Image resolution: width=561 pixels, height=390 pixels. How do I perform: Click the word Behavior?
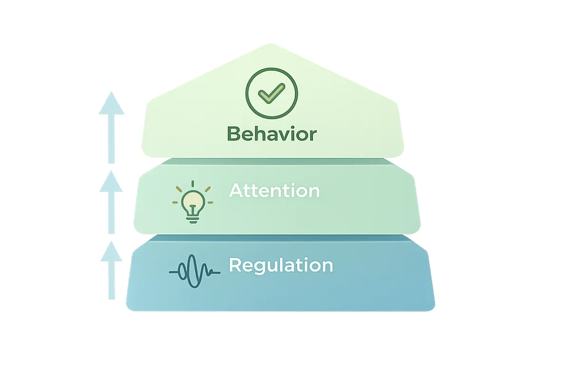point(271,134)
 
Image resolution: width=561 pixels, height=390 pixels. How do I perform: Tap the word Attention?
point(274,191)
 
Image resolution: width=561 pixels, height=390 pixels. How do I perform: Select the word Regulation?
point(280,265)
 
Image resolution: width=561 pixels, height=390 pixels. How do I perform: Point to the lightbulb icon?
point(193,204)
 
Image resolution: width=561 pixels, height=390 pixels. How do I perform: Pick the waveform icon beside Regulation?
point(194,272)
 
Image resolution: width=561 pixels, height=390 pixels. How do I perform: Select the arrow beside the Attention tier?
point(111,202)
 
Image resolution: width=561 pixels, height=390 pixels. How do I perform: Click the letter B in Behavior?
point(233,134)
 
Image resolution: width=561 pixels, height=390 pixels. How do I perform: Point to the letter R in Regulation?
point(235,265)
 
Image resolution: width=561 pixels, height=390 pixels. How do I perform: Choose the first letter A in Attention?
point(236,191)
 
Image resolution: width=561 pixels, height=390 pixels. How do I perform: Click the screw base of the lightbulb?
point(193,218)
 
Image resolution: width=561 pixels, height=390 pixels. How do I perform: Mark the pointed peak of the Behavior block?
point(271,45)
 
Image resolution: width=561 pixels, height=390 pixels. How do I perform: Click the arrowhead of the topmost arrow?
point(111,103)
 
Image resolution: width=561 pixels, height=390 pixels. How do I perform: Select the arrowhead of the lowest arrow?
point(111,251)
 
